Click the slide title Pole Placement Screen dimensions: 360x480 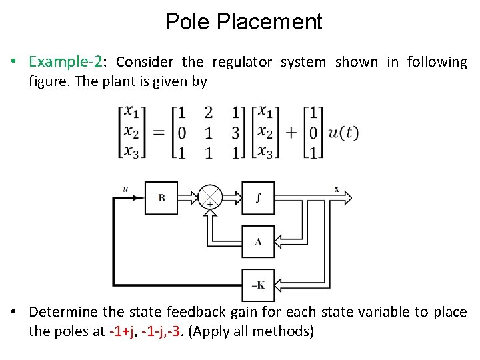tap(243, 22)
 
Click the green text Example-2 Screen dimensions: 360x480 tap(65, 62)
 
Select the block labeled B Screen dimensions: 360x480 tap(162, 198)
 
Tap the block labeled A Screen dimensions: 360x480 tap(258, 241)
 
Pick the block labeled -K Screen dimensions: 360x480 tap(258, 285)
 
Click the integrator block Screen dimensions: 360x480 tap(258, 198)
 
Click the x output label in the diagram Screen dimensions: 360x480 tap(337, 189)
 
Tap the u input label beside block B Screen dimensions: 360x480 tap(125, 189)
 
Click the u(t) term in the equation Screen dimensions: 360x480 tap(344, 132)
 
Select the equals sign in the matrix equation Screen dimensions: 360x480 tap(159, 132)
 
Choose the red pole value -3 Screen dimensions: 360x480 tap(175, 331)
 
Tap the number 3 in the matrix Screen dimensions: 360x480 tap(235, 132)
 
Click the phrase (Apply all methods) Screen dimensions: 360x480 tap(251, 331)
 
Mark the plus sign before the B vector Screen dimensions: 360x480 tap(291, 132)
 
